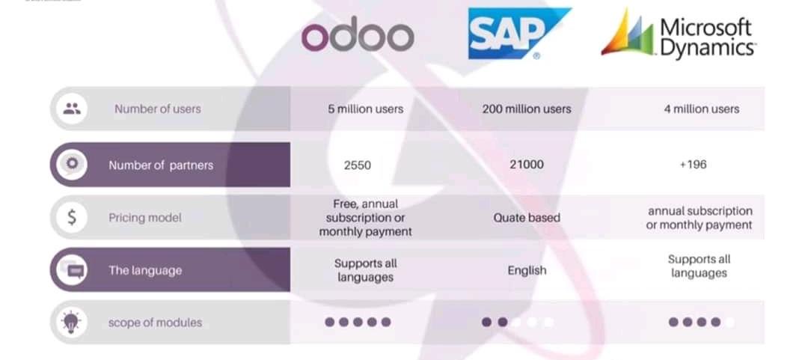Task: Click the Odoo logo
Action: point(358,37)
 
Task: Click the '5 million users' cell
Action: point(365,109)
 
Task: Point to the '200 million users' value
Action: point(527,109)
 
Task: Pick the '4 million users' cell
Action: point(701,109)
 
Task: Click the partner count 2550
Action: point(357,165)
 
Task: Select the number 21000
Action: point(527,165)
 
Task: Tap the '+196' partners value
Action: point(693,165)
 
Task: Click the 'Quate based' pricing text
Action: point(527,218)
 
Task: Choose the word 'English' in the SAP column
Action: point(527,270)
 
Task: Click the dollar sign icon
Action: point(72,217)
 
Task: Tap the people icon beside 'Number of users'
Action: point(72,109)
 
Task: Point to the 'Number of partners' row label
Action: point(161,165)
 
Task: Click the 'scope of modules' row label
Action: point(155,323)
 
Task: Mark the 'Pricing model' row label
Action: point(145,218)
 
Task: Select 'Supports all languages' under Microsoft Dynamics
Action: point(700,266)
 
